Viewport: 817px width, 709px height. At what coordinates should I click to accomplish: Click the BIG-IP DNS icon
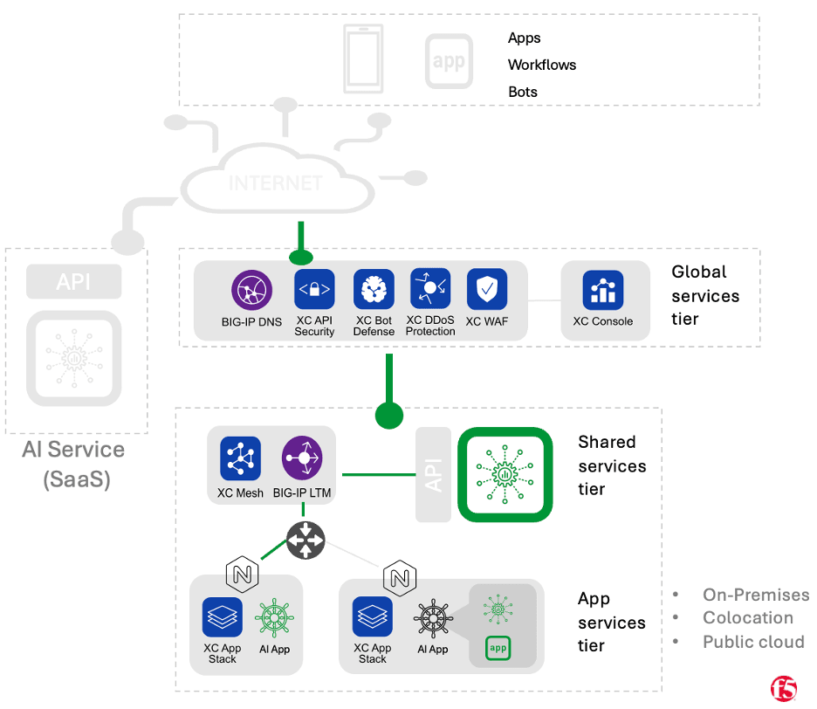pyautogui.click(x=251, y=292)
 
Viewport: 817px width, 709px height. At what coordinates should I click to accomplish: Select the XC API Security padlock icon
pyautogui.click(x=314, y=290)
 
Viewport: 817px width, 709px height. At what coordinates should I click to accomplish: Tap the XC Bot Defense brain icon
pyautogui.click(x=374, y=290)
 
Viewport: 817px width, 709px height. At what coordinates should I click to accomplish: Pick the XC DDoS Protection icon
pyautogui.click(x=430, y=289)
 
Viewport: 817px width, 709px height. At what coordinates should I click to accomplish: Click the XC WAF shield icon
pyautogui.click(x=486, y=290)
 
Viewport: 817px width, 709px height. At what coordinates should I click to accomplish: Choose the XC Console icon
pyautogui.click(x=603, y=292)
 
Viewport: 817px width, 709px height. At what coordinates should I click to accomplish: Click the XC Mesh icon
pyautogui.click(x=240, y=458)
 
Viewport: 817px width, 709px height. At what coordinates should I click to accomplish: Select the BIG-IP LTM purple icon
pyautogui.click(x=302, y=458)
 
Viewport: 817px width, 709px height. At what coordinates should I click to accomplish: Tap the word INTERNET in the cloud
pyautogui.click(x=275, y=183)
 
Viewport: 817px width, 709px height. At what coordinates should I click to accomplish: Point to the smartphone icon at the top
pyautogui.click(x=362, y=59)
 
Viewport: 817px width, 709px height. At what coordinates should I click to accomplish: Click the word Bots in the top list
pyautogui.click(x=523, y=92)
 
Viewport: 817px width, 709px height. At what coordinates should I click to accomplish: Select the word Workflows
pyautogui.click(x=542, y=65)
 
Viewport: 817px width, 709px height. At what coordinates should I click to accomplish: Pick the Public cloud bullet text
pyautogui.click(x=753, y=642)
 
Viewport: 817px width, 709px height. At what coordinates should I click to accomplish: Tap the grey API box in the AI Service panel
pyautogui.click(x=73, y=282)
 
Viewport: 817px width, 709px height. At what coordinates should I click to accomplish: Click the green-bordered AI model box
pyautogui.click(x=505, y=474)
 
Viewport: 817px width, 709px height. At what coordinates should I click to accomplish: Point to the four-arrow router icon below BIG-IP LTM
pyautogui.click(x=305, y=541)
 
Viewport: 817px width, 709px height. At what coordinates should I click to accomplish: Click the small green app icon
pyautogui.click(x=498, y=649)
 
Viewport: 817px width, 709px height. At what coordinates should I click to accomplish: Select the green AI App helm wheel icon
pyautogui.click(x=274, y=617)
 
